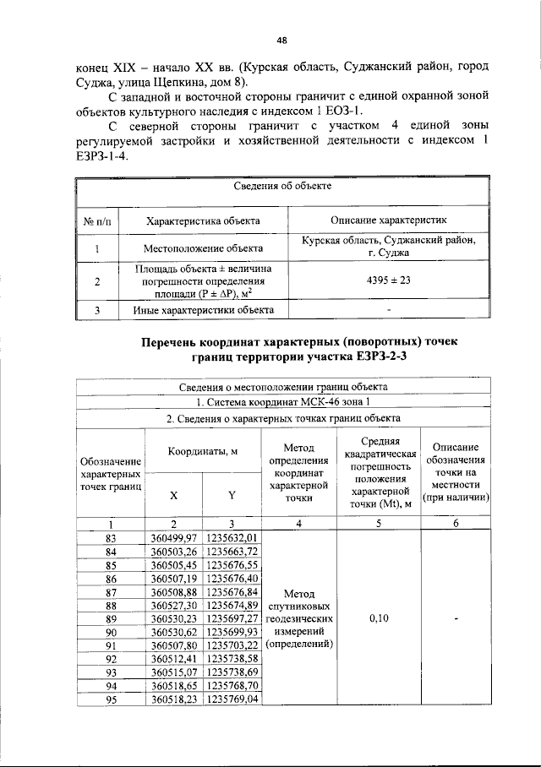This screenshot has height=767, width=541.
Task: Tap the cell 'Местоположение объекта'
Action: click(203, 248)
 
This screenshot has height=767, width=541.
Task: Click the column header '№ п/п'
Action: click(97, 220)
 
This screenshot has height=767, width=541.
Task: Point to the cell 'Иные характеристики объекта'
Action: click(203, 310)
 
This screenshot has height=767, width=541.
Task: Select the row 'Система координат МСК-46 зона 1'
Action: click(282, 402)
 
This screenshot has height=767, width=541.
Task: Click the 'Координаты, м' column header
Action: click(203, 451)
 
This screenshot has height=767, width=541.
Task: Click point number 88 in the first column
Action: click(110, 606)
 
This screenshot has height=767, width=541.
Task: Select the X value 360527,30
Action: click(173, 606)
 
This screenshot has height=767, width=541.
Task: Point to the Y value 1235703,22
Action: click(232, 646)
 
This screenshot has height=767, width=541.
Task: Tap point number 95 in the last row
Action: click(110, 699)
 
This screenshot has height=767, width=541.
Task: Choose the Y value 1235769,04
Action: click(232, 699)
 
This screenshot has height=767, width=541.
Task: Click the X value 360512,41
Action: click(173, 659)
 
